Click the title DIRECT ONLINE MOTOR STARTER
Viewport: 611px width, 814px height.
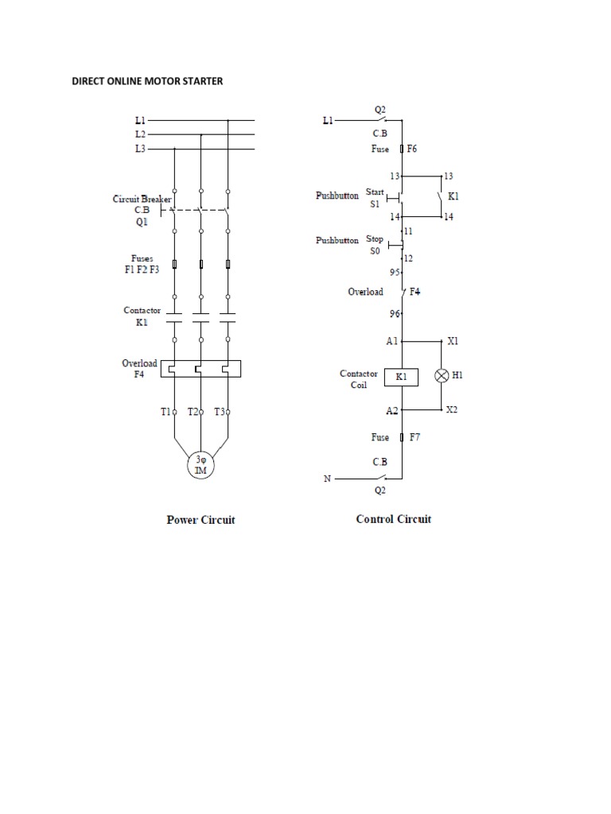(147, 82)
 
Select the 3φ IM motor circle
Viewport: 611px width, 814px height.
(200, 464)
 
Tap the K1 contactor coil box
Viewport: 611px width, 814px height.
(402, 377)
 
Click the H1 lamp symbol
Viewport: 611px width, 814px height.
(442, 377)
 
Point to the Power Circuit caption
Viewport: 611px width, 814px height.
(200, 521)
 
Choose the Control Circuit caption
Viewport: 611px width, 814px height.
(393, 519)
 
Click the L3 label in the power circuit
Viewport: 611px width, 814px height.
(139, 149)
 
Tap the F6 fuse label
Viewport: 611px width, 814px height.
(413, 149)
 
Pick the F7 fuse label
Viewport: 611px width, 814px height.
(414, 437)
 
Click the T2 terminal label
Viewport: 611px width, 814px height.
(193, 412)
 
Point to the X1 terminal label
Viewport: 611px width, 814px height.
(453, 340)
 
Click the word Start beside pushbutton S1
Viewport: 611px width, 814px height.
(374, 192)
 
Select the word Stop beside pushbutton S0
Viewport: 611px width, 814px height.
(374, 238)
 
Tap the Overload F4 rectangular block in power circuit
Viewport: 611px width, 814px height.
(200, 368)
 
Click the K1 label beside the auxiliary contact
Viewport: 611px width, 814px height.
(453, 195)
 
